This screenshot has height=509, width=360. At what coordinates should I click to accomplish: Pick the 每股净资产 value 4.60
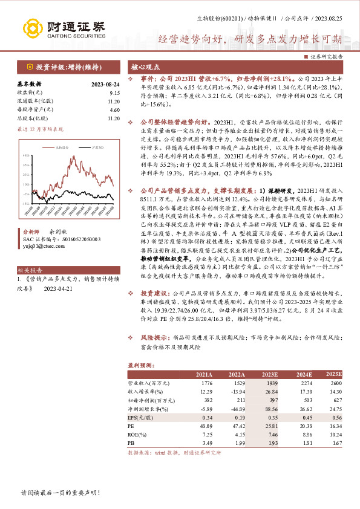116,110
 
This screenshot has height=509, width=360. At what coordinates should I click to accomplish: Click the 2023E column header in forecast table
269,375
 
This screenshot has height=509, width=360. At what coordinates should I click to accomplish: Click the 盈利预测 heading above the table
141,366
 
